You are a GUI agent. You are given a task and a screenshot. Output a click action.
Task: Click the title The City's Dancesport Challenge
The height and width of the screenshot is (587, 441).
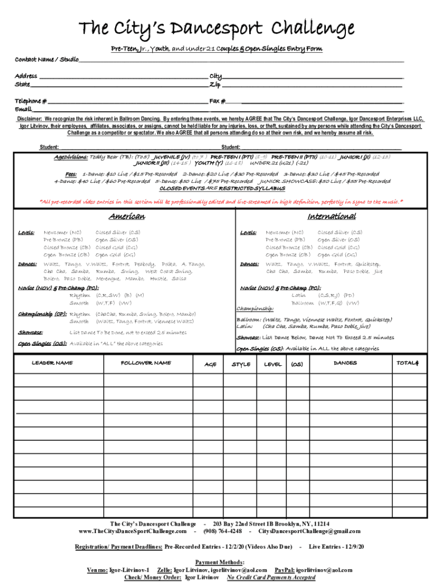click(x=216, y=28)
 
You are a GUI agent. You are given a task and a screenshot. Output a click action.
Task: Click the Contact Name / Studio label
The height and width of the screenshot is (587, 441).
click(x=46, y=60)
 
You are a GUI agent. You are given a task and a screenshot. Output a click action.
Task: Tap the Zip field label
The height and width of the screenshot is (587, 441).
click(x=215, y=84)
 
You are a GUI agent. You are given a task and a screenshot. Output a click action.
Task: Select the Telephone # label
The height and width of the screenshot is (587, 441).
click(x=31, y=101)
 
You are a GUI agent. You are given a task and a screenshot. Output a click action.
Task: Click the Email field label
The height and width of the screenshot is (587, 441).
click(x=23, y=109)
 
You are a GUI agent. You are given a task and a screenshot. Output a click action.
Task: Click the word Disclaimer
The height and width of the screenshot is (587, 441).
click(x=29, y=119)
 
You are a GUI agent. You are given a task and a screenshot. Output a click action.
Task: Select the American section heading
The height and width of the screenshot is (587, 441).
click(x=127, y=217)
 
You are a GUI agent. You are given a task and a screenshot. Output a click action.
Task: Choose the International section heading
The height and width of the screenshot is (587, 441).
click(x=331, y=217)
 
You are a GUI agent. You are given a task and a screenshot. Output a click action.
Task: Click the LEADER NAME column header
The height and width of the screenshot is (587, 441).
click(x=52, y=363)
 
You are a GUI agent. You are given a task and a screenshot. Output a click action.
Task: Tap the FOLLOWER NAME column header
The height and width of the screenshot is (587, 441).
click(x=145, y=363)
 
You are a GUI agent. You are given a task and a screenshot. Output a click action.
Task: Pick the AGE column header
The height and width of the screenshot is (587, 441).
click(x=210, y=365)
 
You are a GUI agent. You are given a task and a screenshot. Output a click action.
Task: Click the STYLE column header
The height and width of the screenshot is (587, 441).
click(x=241, y=365)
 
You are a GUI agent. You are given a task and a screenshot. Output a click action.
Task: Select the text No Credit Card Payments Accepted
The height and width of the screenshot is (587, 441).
click(x=271, y=578)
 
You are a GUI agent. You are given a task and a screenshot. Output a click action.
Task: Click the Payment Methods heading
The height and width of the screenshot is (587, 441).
click(x=220, y=562)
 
